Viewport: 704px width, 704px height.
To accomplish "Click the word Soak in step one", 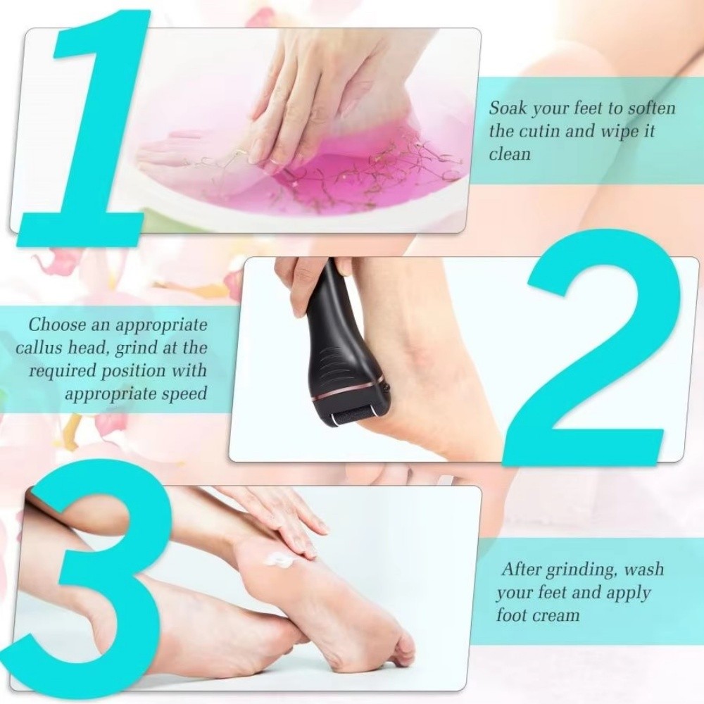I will coord(508,109).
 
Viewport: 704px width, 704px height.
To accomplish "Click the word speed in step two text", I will coord(184,393).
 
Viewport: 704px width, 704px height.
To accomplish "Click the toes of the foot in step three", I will coord(401,648).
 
